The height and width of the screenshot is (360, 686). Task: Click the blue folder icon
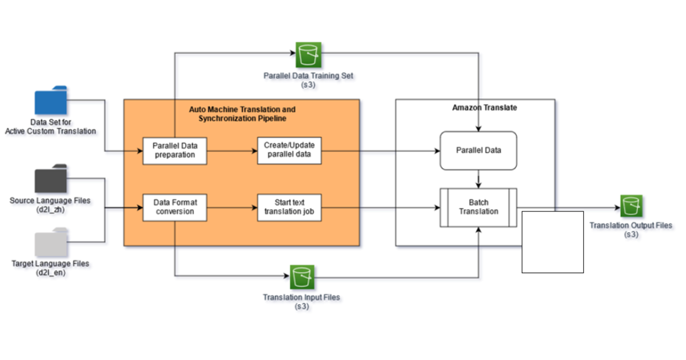pos(51,101)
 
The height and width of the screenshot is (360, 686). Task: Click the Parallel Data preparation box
pos(174,150)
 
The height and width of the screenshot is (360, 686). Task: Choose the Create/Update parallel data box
pos(289,150)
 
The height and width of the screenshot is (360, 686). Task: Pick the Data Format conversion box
pos(174,207)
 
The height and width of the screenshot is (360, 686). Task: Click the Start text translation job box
pos(289,207)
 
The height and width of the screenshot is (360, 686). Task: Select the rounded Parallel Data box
pos(478,150)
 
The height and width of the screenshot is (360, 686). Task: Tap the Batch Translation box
pos(478,207)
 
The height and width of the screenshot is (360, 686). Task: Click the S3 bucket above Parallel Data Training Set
pos(309,55)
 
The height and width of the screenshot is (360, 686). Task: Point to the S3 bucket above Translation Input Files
pos(301,278)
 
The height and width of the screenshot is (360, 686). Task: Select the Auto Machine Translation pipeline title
pos(242,113)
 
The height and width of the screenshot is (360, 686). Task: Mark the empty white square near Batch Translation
pos(552,242)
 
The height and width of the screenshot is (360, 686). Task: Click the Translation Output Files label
pos(631,230)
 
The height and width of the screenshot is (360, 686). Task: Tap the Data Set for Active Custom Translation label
pos(50,127)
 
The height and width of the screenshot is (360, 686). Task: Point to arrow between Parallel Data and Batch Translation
pos(478,179)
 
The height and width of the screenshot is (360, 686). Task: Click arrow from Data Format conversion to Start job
pos(232,207)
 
